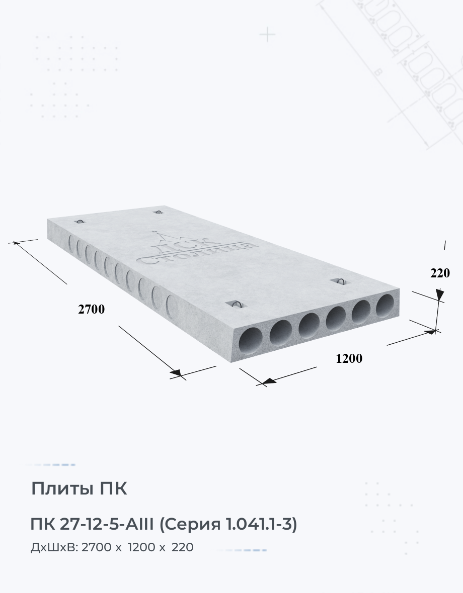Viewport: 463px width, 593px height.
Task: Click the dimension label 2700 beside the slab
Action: [91, 309]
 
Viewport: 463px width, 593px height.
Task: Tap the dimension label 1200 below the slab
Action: [349, 358]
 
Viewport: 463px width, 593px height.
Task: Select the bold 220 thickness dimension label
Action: [440, 273]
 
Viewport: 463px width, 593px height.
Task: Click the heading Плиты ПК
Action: [79, 488]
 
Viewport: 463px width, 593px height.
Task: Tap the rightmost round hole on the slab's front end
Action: [385, 305]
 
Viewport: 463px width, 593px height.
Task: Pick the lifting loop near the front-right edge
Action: [341, 280]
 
